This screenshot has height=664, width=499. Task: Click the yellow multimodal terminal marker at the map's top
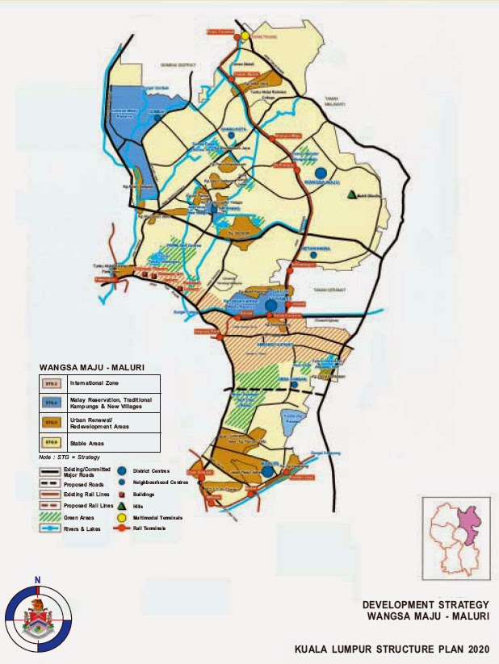pyautogui.click(x=244, y=35)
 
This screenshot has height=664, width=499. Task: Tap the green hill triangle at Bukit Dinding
pyautogui.click(x=352, y=194)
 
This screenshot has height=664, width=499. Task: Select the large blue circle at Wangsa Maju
pyautogui.click(x=321, y=173)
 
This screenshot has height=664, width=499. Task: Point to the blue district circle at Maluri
pyautogui.click(x=267, y=471)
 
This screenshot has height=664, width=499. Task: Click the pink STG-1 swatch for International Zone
pyautogui.click(x=50, y=383)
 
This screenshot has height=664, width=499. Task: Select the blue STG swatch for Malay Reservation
pyautogui.click(x=50, y=402)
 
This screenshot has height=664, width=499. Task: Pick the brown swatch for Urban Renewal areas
pyautogui.click(x=50, y=422)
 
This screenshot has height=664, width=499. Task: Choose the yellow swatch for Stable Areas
pyautogui.click(x=50, y=441)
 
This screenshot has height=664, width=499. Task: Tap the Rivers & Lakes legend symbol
pyautogui.click(x=50, y=528)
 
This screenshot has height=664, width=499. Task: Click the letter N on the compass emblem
pyautogui.click(x=36, y=579)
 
